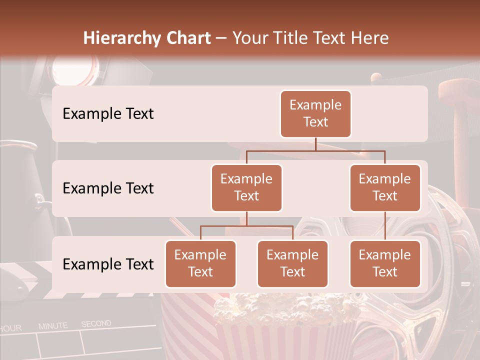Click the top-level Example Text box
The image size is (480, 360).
pos(315,113)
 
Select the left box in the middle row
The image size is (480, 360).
pos(246,187)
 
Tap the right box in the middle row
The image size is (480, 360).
pos(385,187)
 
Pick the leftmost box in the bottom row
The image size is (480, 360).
pos(200,263)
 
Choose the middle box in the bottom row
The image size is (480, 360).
pos(292,263)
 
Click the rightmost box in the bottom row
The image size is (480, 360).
pos(385,263)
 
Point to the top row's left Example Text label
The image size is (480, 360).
pos(108,113)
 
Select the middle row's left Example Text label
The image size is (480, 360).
pos(108,188)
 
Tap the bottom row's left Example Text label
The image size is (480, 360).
pos(108,264)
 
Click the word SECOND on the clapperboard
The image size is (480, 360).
pos(96,324)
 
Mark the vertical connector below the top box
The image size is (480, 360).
pos(315,144)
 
